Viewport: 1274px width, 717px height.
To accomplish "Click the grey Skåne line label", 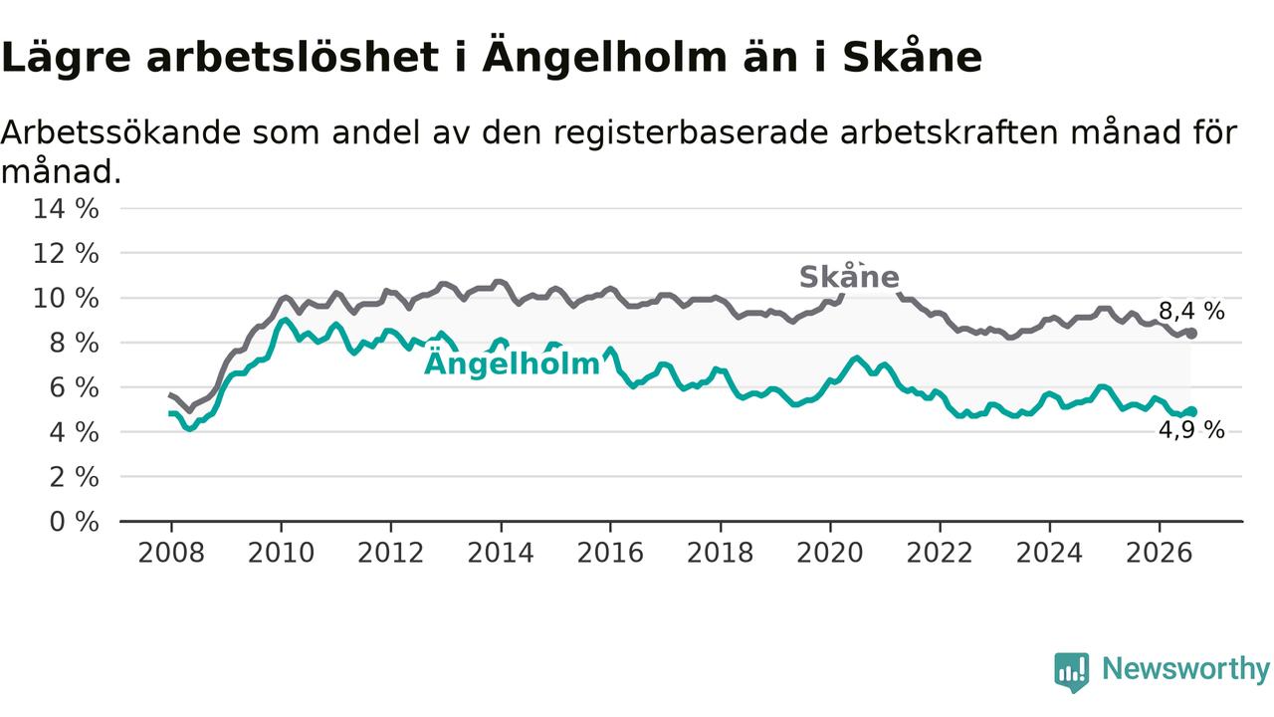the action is [x=849, y=277].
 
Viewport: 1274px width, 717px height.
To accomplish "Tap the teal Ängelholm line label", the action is [x=512, y=363].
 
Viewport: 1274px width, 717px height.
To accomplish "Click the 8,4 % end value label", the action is [x=1191, y=312].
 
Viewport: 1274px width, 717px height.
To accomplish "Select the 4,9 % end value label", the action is [x=1191, y=429].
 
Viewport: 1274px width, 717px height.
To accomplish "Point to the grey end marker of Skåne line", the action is [x=1191, y=334].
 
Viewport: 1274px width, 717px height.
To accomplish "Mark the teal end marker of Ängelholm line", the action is [x=1191, y=411].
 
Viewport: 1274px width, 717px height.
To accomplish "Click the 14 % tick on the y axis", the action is [x=66, y=208].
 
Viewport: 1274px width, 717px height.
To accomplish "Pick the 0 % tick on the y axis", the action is [x=74, y=521].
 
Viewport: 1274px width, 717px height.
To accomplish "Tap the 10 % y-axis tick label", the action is [x=66, y=298].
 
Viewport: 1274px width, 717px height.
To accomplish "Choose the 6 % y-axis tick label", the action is [x=74, y=387].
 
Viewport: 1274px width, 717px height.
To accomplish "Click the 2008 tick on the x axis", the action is [x=171, y=553].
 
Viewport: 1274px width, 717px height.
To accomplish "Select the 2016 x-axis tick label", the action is [x=610, y=553].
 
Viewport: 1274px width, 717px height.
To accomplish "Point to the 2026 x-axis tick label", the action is [x=1160, y=553].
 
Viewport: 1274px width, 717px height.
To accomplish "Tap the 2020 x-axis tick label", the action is [x=830, y=553].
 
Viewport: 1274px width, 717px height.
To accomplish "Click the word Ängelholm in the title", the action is [x=605, y=57].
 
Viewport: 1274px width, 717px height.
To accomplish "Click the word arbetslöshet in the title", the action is [x=293, y=57].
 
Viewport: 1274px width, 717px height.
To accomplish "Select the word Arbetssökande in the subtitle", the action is [x=121, y=132].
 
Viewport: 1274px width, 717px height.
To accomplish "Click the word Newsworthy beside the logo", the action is [x=1186, y=668].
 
